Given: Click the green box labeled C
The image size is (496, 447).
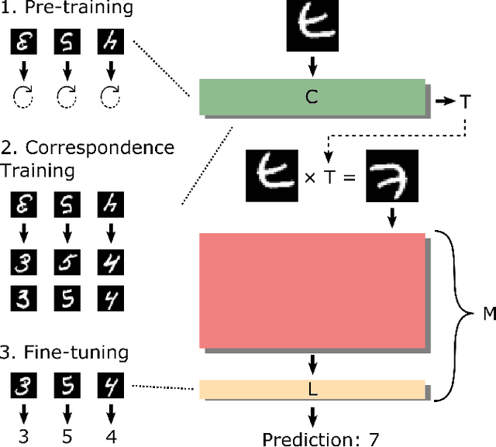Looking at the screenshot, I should click(x=312, y=98).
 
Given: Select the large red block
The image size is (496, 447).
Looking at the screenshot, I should click(x=312, y=291).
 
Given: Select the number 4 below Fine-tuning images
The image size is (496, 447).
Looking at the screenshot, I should click(x=111, y=436).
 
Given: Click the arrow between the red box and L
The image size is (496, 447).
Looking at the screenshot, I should click(x=312, y=363).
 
